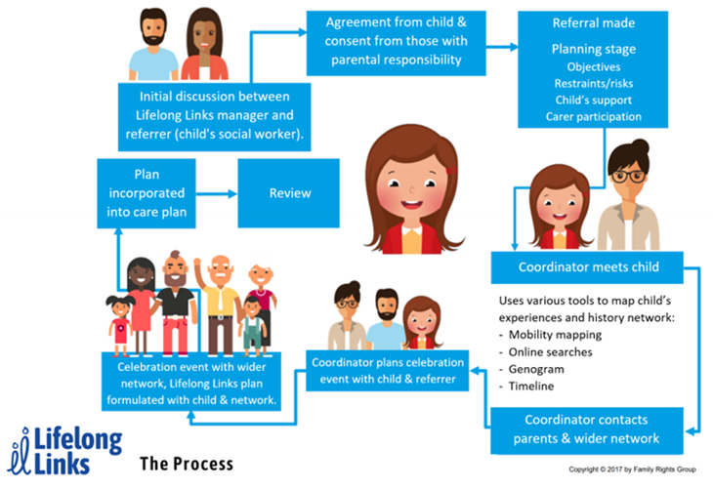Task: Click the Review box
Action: (289, 193)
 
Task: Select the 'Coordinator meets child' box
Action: (587, 267)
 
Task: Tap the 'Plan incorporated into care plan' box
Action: (147, 193)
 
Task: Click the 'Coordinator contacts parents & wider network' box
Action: (587, 429)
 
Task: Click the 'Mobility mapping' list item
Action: (555, 335)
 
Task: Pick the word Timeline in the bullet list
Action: (531, 387)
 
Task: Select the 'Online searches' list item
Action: (550, 352)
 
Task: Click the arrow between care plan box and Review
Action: (217, 194)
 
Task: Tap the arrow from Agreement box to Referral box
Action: (502, 46)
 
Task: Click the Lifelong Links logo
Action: (64, 451)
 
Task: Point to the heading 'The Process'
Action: (187, 464)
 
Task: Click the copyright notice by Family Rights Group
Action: (632, 469)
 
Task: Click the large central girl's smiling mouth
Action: (411, 204)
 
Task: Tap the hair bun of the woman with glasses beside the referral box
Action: (641, 147)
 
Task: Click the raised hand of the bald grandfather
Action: (197, 263)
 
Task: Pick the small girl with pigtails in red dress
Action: (120, 325)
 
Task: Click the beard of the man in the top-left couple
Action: (153, 38)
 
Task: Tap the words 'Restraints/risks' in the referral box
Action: (594, 84)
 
